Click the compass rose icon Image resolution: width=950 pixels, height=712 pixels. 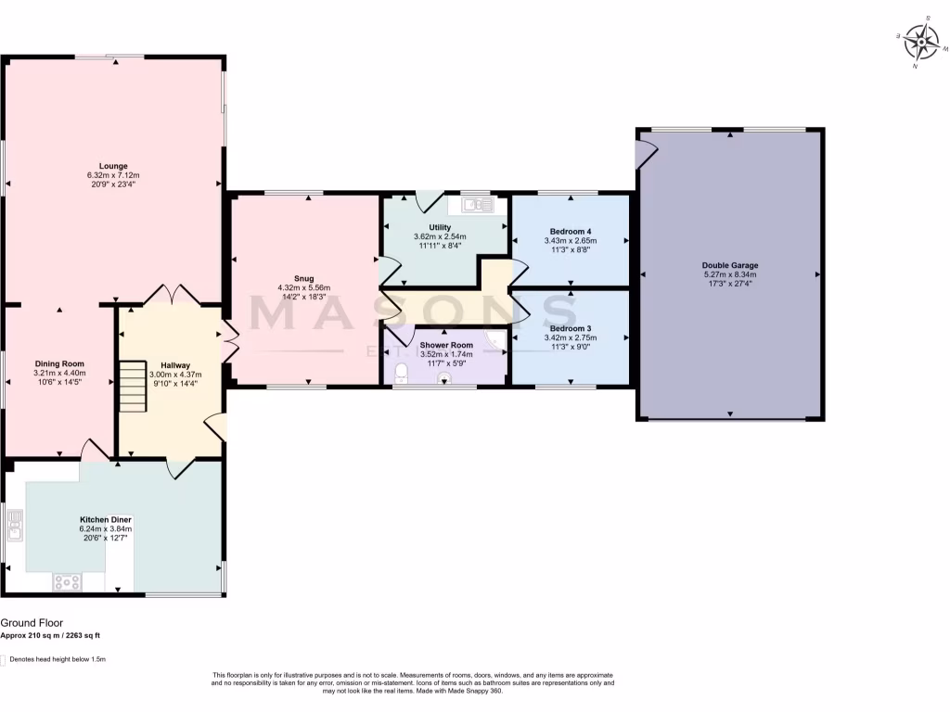pyautogui.click(x=922, y=41)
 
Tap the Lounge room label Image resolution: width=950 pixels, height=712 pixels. pyautogui.click(x=113, y=166)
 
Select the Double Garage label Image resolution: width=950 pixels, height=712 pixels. pyautogui.click(x=729, y=265)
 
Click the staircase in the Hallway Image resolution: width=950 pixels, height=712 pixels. pyautogui.click(x=132, y=387)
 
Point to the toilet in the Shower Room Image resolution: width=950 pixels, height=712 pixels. pyautogui.click(x=402, y=373)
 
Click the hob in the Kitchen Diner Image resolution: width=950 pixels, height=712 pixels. pyautogui.click(x=68, y=582)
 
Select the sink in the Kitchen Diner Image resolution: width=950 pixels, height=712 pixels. pyautogui.click(x=15, y=525)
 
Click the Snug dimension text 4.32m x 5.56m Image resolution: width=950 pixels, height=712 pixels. pyautogui.click(x=304, y=287)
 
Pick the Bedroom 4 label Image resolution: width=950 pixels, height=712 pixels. pyautogui.click(x=571, y=231)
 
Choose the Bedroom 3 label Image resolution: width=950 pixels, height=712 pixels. pyautogui.click(x=571, y=328)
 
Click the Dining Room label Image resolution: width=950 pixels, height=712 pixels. pyautogui.click(x=59, y=363)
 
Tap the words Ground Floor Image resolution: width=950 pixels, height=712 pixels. pyautogui.click(x=32, y=624)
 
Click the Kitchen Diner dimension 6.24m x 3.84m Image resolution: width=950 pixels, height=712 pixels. pyautogui.click(x=106, y=528)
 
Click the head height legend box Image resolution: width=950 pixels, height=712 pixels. pyautogui.click(x=3, y=660)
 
